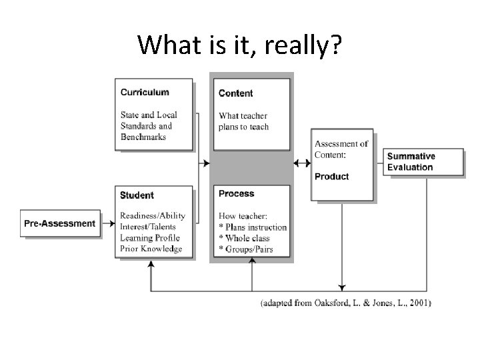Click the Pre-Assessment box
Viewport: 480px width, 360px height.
(x=60, y=223)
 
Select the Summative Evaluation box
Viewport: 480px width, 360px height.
(x=424, y=162)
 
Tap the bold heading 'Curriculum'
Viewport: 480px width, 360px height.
(x=145, y=92)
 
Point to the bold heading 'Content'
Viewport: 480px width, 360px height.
(x=235, y=93)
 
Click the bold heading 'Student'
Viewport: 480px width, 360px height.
(x=137, y=195)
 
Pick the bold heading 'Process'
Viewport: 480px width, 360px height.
(x=237, y=193)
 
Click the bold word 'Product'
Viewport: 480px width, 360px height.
(x=331, y=177)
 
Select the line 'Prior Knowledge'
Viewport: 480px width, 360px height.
(x=151, y=249)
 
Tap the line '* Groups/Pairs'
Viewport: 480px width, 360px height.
(x=245, y=250)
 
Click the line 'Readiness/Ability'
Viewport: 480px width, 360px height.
(x=153, y=215)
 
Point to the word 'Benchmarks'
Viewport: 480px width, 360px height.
(x=143, y=137)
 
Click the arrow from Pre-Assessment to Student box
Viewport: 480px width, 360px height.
(x=108, y=223)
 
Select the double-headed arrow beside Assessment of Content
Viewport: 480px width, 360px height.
(x=301, y=163)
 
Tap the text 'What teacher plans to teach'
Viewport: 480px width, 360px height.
(x=243, y=121)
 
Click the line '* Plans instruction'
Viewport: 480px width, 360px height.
(x=253, y=227)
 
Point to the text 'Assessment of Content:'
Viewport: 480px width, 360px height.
(x=341, y=149)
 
